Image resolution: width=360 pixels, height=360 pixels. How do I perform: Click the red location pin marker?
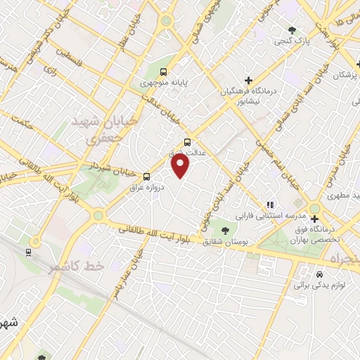click(x=181, y=166)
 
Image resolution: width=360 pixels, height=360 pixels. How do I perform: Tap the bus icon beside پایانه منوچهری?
click(x=163, y=72)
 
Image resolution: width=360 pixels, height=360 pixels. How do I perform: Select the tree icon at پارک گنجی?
click(x=292, y=30)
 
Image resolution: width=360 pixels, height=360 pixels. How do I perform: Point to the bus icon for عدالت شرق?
click(x=186, y=141)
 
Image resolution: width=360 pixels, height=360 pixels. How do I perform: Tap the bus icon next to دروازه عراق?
click(x=146, y=176)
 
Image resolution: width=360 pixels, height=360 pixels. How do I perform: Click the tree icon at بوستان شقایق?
click(x=225, y=229)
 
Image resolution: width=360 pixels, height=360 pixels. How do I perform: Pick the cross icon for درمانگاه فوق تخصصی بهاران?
click(x=314, y=219)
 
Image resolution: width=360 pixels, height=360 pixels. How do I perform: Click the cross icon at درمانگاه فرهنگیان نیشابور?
click(x=248, y=79)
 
